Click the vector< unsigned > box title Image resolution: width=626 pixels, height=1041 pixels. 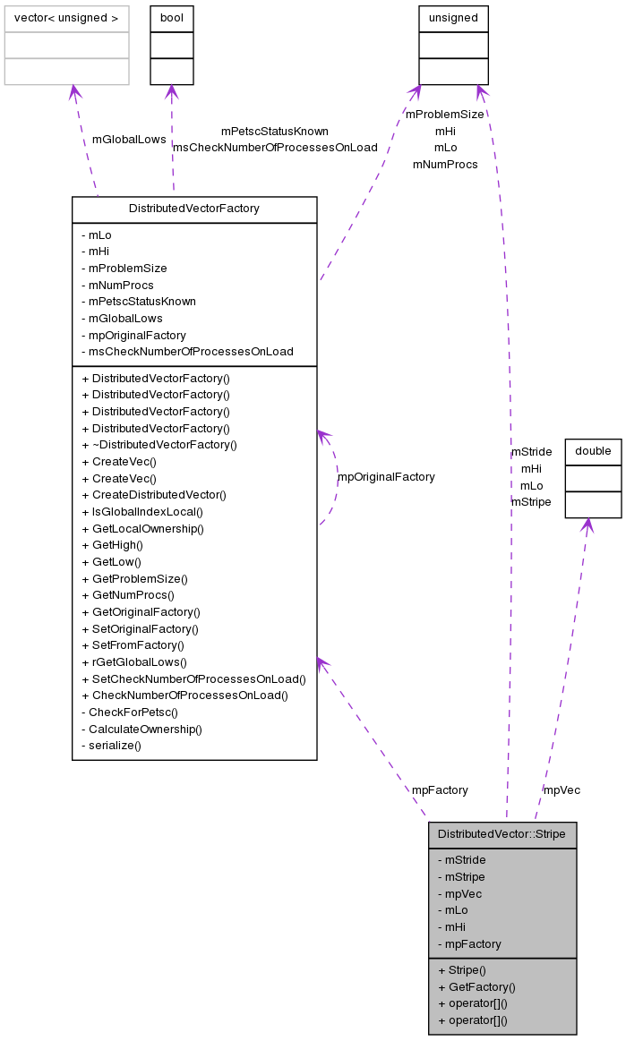coord(66,18)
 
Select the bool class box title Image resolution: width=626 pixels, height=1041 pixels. coord(171,18)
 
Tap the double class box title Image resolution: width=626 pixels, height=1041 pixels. coord(593,452)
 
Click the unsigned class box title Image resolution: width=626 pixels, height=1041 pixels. coord(453,18)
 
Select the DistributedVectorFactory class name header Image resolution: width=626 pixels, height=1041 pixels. coord(194,209)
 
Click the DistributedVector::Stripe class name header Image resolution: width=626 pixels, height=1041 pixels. coord(502,834)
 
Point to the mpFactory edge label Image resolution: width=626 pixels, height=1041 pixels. coord(440,790)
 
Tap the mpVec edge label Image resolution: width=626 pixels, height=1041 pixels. coord(562,790)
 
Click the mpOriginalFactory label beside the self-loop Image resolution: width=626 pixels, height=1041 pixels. coord(386,477)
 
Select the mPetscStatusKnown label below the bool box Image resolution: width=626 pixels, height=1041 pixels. coord(275,132)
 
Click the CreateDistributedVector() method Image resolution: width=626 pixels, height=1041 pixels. coord(153,495)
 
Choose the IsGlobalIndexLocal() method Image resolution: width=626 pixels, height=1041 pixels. coord(141,512)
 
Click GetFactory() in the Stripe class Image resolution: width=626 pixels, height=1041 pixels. coord(476,986)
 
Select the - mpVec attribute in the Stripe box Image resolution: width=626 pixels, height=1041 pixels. coord(459,893)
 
